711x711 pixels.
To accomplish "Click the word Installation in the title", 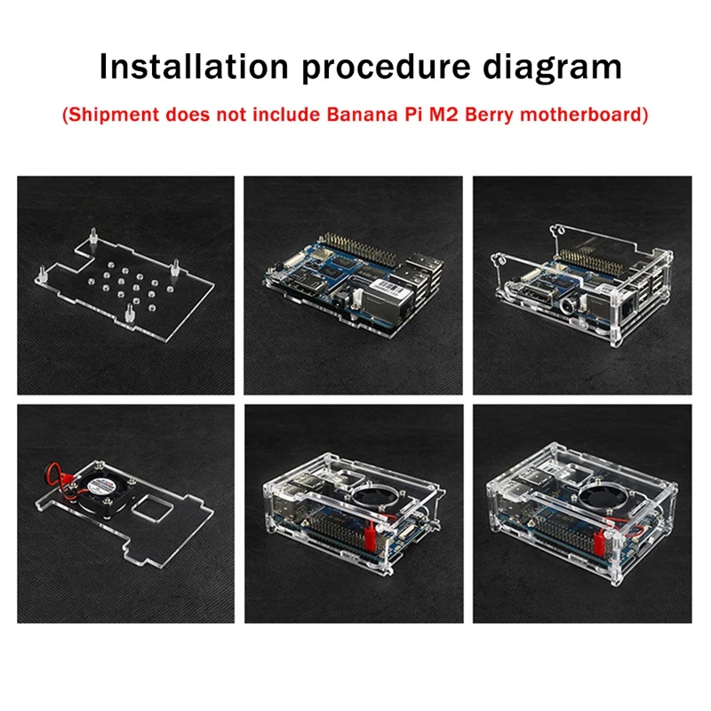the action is [x=194, y=68].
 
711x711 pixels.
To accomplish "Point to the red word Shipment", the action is [x=113, y=116].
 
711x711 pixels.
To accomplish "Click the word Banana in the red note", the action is [x=362, y=115].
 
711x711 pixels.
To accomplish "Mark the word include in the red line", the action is [x=286, y=115].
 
